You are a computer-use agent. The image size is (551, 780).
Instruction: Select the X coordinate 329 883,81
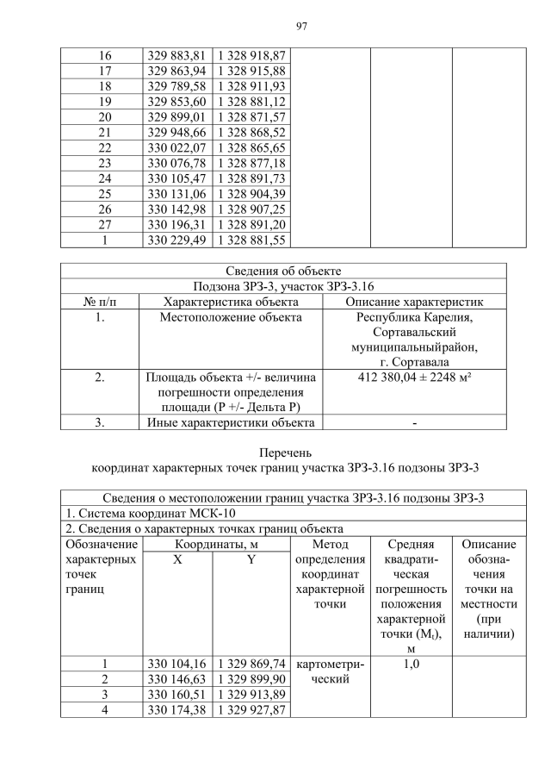(x=176, y=55)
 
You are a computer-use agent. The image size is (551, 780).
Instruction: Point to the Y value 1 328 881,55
(x=250, y=240)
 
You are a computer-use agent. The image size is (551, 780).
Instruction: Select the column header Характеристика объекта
(x=231, y=302)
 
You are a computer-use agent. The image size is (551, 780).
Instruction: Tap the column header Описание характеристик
(x=414, y=302)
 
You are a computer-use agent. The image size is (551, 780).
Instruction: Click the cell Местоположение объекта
(x=231, y=317)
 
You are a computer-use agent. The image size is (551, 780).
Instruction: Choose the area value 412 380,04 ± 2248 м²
(x=414, y=377)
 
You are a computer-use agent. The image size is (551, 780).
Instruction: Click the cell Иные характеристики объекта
(x=231, y=422)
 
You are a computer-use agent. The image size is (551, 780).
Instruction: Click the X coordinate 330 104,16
(x=176, y=664)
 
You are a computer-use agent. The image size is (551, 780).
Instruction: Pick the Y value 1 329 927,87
(x=250, y=709)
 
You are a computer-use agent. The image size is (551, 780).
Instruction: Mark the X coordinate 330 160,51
(x=176, y=694)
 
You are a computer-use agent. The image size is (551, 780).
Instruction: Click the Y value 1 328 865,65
(x=250, y=148)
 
